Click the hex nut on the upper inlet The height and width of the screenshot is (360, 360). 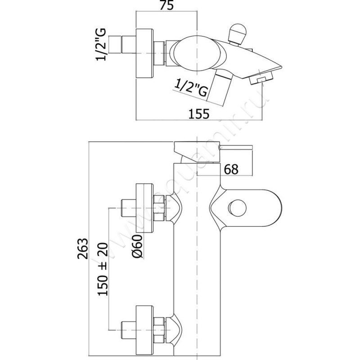click(x=158, y=208)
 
